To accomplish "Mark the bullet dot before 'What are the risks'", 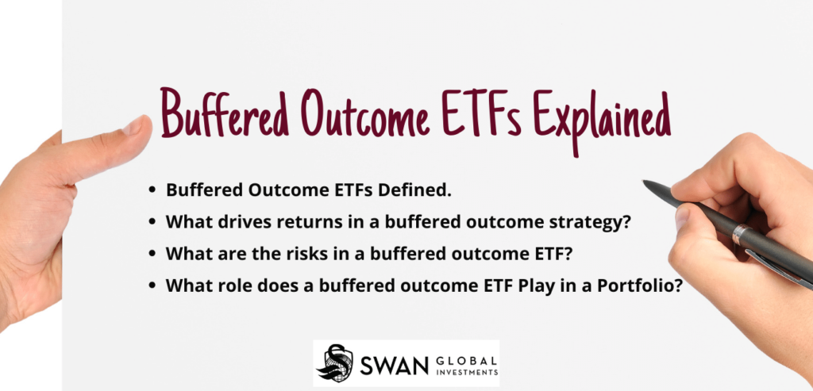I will click(x=152, y=255).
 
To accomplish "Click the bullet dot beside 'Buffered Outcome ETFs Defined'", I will click(x=152, y=191).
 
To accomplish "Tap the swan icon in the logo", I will click(x=334, y=364).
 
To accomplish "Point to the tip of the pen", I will click(x=645, y=183).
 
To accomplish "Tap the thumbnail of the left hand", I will click(x=137, y=125).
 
